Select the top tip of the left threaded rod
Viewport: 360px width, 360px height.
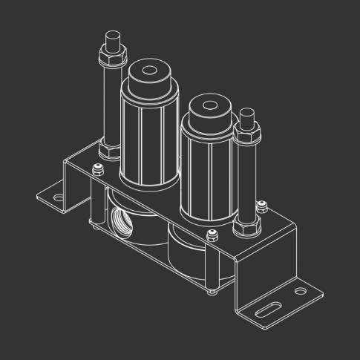click(x=113, y=35)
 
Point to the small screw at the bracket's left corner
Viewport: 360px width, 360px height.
click(x=96, y=169)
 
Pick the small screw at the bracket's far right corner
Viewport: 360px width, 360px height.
click(x=261, y=206)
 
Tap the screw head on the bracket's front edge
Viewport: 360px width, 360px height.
click(x=212, y=237)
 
